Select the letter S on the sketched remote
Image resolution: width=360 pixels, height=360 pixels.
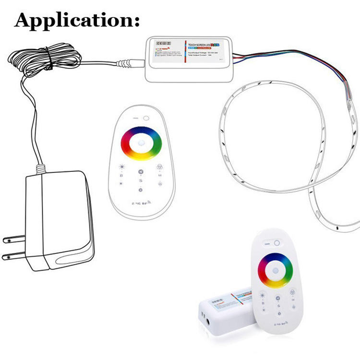point(141,180)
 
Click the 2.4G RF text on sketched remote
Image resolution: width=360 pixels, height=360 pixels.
point(140,204)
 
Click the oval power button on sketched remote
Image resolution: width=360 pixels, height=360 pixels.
point(146,118)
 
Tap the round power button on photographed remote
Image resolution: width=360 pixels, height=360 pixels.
point(277,243)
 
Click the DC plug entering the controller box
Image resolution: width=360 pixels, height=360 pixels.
point(130,62)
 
